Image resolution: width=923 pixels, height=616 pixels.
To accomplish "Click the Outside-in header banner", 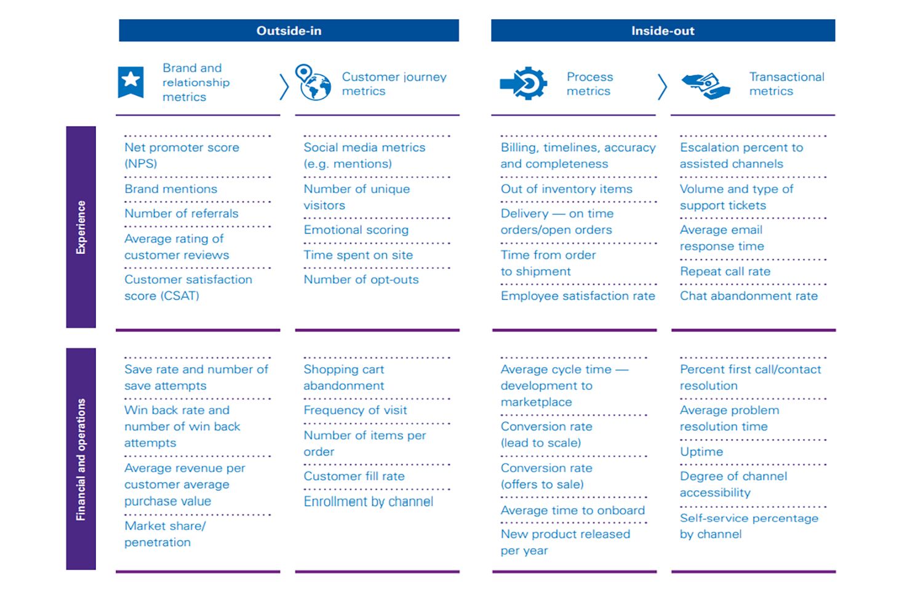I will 289,31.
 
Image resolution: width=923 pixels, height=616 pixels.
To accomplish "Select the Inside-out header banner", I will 663,31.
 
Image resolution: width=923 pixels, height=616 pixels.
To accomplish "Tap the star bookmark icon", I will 130,82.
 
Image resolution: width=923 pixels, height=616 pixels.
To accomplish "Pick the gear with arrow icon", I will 524,83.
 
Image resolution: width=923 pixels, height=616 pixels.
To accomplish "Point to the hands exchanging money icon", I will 706,85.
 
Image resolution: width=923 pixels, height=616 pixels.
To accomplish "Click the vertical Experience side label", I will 81,227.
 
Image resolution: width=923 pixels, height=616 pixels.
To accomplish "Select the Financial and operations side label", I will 81,459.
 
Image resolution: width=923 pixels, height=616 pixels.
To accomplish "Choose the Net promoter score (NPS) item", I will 182,155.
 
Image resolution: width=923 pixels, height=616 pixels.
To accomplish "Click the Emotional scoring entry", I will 356,230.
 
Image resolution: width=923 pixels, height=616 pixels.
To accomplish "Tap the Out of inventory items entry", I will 566,189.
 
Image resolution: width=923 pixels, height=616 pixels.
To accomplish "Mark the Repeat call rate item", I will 725,271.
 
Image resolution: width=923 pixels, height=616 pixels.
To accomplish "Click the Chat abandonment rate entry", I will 748,296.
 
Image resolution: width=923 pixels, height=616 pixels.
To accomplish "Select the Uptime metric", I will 701,452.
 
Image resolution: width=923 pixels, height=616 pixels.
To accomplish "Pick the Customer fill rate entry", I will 354,476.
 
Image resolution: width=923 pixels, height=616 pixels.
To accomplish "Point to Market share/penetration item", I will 164,533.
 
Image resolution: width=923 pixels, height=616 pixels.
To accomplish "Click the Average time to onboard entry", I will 572,510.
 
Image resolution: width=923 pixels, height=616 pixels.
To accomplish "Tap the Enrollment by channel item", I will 368,501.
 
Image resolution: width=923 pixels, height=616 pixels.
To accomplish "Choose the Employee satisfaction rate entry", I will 577,296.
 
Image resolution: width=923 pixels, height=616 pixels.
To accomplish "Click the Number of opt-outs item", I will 361,279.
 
